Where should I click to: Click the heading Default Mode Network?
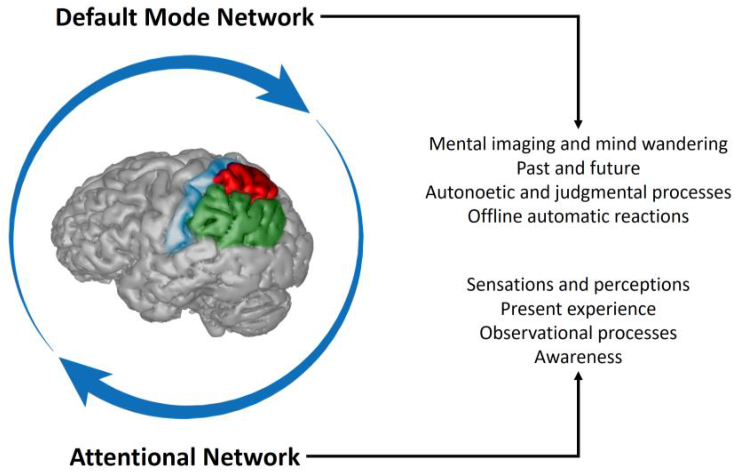point(185,17)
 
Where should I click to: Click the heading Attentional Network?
point(185,457)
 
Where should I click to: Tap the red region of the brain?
point(247,181)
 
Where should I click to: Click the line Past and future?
point(578,168)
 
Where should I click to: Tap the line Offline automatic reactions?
point(578,216)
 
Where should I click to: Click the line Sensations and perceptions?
point(578,284)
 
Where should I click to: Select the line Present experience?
point(578,309)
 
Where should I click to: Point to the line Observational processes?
point(578,333)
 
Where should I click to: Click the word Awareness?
point(578,357)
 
